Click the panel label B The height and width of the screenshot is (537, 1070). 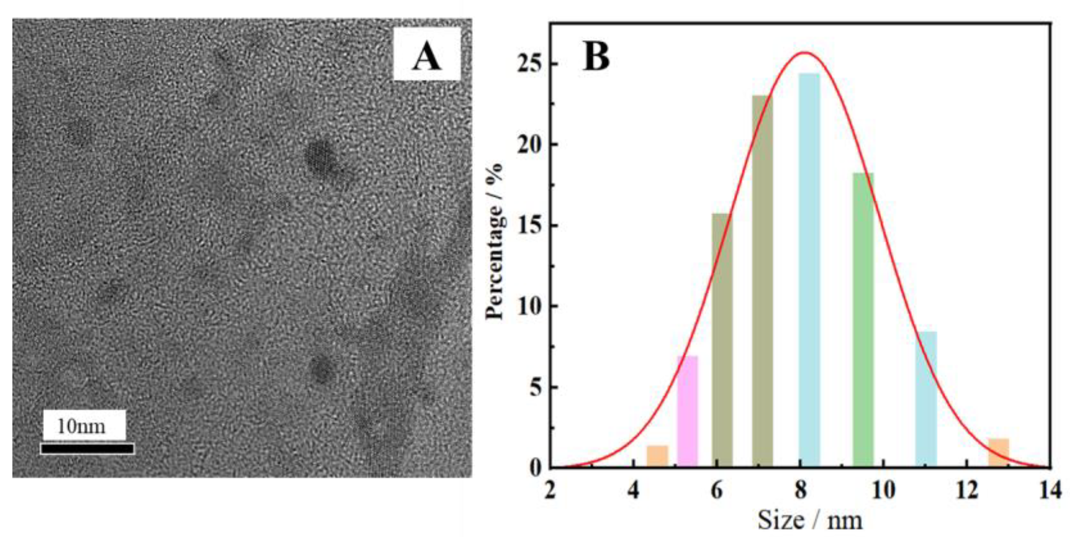(x=596, y=57)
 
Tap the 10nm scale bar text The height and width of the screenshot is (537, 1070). (x=82, y=426)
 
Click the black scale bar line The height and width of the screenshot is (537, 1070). (x=88, y=449)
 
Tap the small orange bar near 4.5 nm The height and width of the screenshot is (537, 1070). (x=657, y=456)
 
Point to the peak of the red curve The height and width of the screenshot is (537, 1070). (x=804, y=53)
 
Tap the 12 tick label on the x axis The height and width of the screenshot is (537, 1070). (x=967, y=491)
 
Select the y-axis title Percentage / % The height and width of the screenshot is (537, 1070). (x=495, y=241)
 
